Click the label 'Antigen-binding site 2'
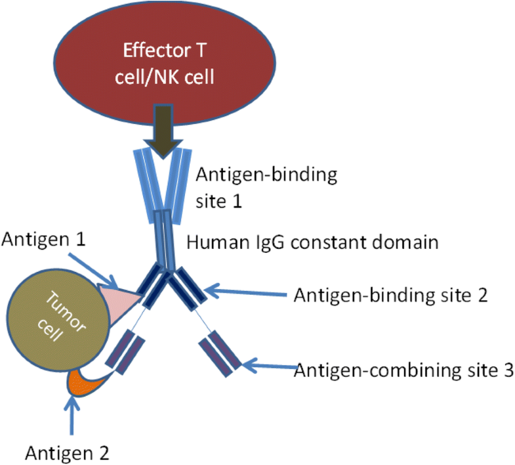pos(390,294)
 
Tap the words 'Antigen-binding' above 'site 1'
pos(266,176)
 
